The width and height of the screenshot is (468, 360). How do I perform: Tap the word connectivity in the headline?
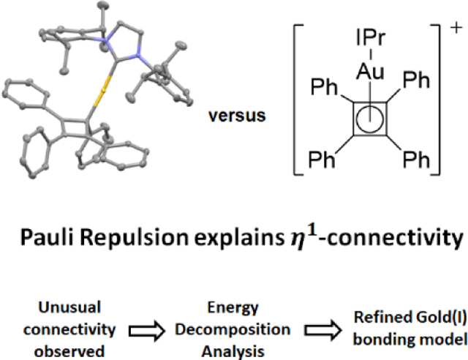pyautogui.click(x=401, y=240)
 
